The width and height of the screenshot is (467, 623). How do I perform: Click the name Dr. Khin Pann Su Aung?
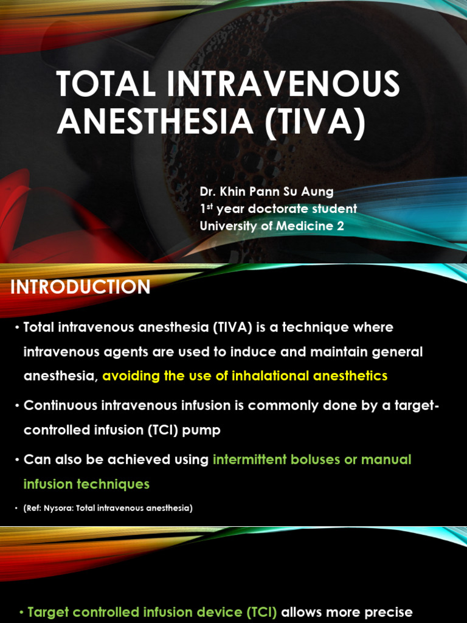point(266,192)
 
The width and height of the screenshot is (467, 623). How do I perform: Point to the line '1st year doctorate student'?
point(278,209)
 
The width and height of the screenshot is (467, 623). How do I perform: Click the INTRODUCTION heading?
point(80,287)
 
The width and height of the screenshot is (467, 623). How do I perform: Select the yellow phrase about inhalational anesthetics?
point(244,376)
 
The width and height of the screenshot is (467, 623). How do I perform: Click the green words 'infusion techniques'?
point(86,484)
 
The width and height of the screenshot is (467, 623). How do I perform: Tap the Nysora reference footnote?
point(108,507)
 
